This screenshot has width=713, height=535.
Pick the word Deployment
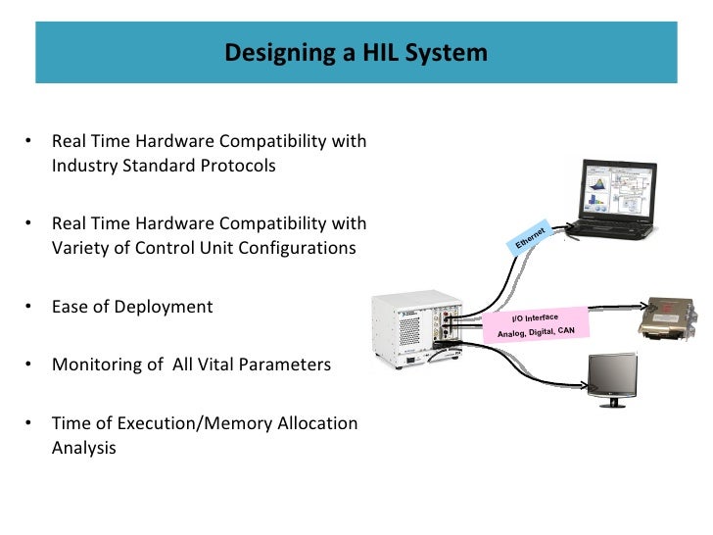tap(163, 307)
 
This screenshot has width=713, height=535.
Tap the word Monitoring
tap(98, 365)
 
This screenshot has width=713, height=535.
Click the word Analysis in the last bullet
tap(84, 448)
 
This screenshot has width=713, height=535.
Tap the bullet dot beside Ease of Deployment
tap(29, 307)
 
